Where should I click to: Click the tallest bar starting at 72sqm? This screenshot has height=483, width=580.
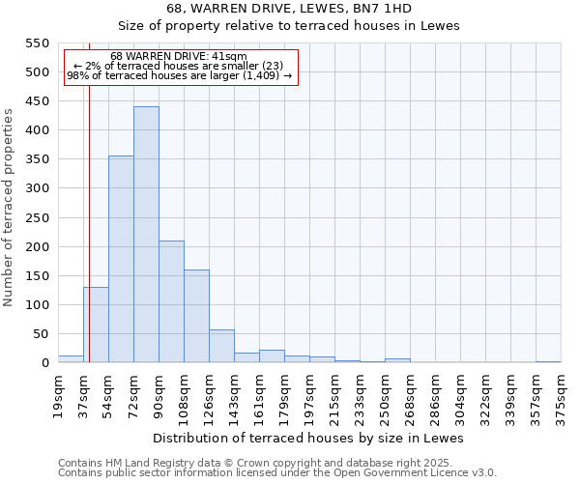146,235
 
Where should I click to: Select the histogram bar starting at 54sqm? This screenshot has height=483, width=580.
121,259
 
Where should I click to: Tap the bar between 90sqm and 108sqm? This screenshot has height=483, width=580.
171,301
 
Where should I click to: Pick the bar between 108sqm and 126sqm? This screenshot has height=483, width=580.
196,316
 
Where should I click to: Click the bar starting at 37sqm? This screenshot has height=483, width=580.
96,325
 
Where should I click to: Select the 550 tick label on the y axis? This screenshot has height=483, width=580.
37,43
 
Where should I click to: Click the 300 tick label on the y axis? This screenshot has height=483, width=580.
37,188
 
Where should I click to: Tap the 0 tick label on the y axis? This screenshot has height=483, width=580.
44,363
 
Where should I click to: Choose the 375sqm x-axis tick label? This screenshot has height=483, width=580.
561,396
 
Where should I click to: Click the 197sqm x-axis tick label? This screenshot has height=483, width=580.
309,396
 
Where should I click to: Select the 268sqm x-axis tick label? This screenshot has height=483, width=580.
410,396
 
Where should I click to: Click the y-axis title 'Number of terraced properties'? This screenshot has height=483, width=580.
9,208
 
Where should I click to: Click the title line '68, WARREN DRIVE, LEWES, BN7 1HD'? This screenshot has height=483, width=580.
289,8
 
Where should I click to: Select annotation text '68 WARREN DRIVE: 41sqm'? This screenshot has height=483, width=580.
179,57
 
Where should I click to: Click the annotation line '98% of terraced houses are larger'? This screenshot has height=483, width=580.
179,76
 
